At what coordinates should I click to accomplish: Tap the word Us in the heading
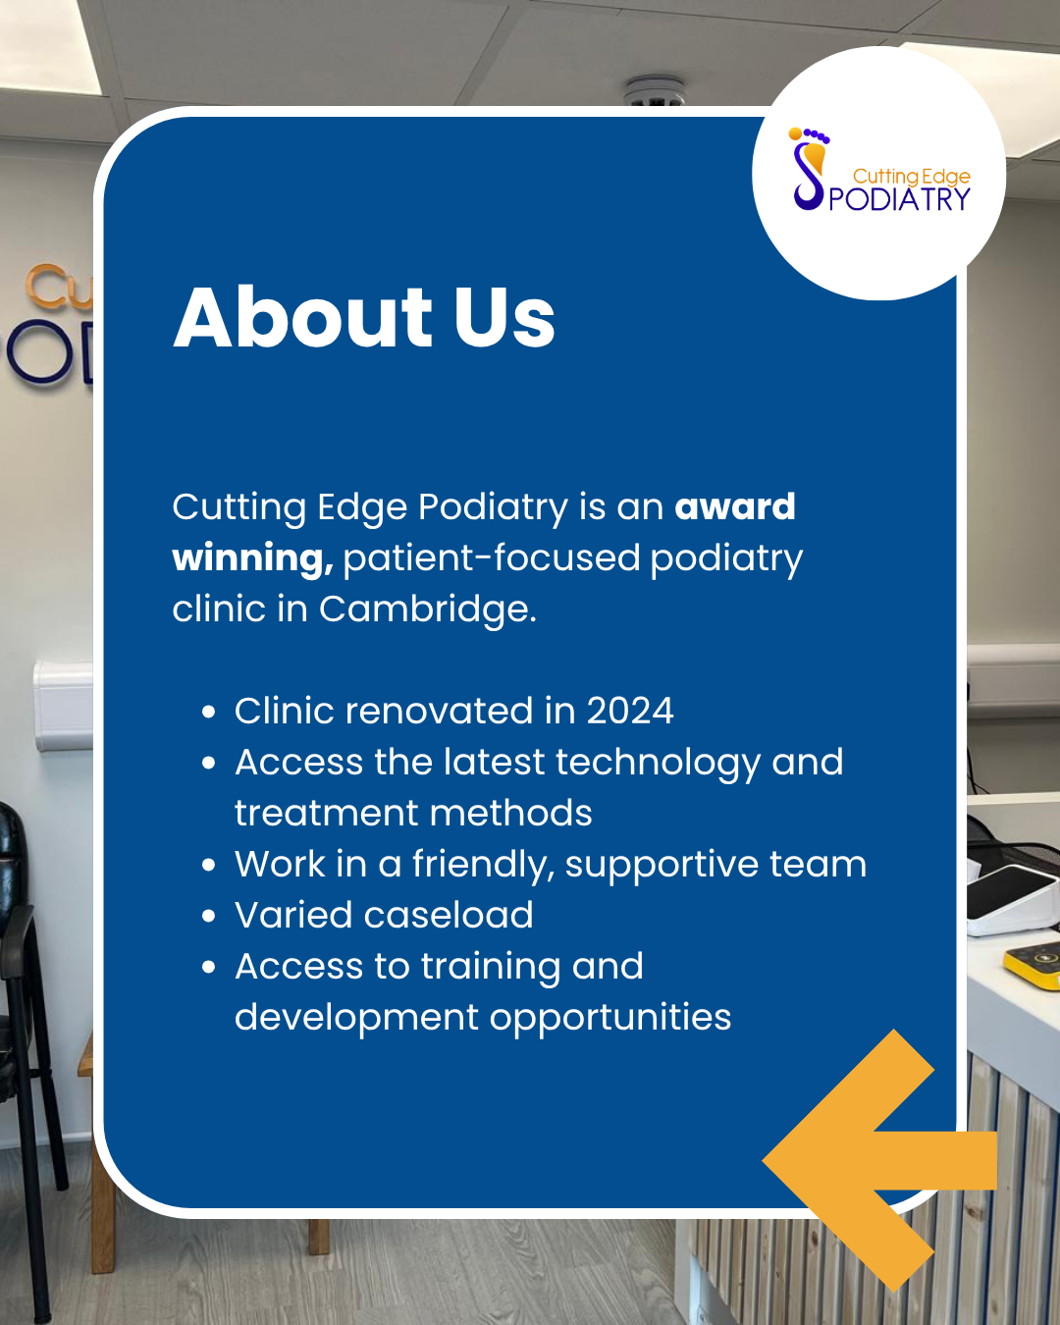504,317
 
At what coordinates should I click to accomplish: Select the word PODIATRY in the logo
899,199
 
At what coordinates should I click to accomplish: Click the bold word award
735,506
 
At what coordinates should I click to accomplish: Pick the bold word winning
252,557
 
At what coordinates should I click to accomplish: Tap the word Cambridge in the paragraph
427,609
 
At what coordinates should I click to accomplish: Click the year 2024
630,711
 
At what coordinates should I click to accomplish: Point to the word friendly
482,865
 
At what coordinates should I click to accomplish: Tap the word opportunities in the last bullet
610,1018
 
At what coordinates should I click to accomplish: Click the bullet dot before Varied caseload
208,916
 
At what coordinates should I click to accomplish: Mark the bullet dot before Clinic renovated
208,712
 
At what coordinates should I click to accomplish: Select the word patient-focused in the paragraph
492,557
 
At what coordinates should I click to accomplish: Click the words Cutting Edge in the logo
911,176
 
